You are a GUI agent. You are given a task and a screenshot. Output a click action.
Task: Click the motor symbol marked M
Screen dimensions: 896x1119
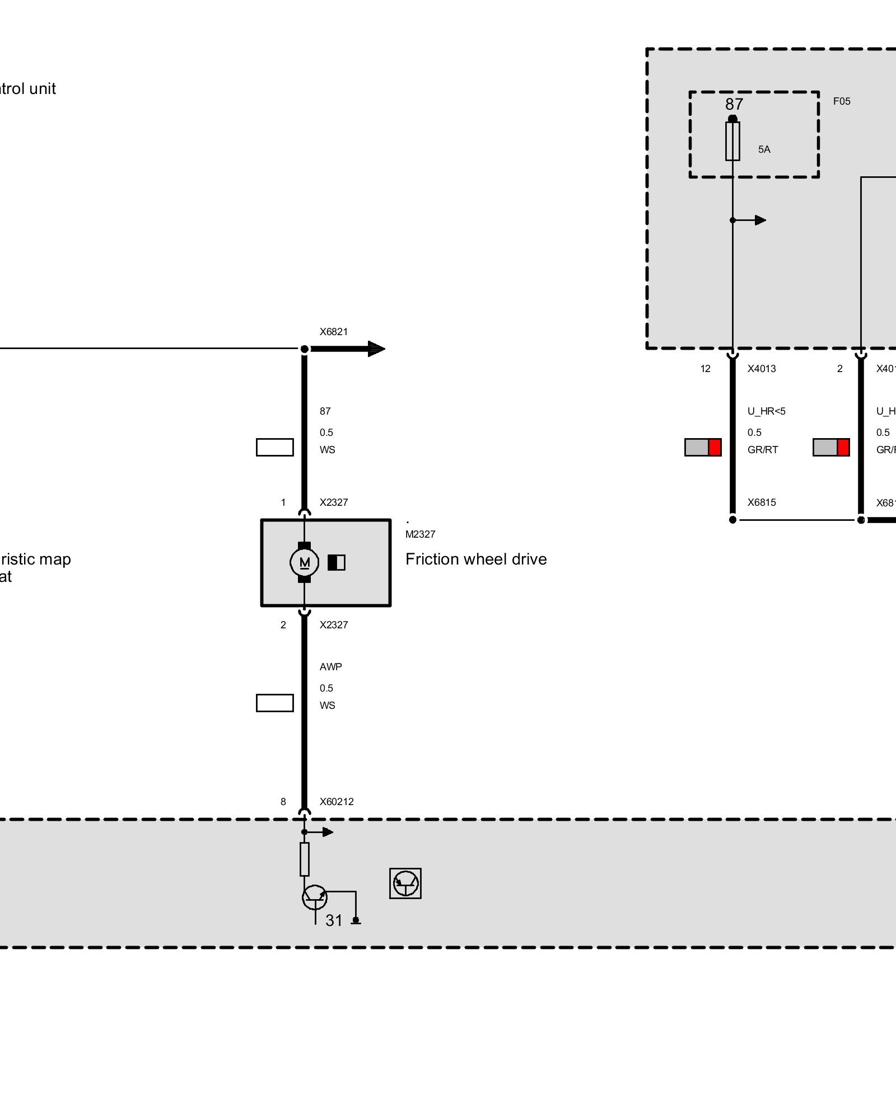(304, 562)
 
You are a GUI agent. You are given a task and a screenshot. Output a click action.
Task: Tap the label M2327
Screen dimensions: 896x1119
(420, 534)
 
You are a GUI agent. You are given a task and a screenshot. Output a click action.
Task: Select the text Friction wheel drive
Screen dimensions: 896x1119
(476, 559)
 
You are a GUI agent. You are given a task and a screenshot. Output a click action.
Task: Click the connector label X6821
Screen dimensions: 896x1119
(334, 332)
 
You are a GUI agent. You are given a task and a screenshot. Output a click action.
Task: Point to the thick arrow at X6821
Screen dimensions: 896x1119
(370, 349)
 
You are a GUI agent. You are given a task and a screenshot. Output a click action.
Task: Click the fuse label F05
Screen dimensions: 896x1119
(842, 101)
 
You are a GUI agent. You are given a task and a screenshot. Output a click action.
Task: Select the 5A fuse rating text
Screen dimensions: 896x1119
(764, 149)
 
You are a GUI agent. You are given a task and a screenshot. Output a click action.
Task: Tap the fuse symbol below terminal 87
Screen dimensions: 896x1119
(732, 141)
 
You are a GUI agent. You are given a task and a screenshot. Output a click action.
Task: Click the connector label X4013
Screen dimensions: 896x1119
(762, 369)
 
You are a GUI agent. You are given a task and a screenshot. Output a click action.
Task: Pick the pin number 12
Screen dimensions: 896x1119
(705, 369)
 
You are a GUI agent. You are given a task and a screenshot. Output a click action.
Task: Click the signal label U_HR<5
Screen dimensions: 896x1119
(766, 411)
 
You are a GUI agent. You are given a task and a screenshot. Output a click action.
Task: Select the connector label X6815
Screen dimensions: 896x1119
(762, 502)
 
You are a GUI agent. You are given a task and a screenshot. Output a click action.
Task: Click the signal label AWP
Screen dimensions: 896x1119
(330, 667)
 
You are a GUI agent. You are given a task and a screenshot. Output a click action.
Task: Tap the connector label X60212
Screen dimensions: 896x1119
(337, 802)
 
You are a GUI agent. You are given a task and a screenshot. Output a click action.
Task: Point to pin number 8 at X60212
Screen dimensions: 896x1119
(283, 802)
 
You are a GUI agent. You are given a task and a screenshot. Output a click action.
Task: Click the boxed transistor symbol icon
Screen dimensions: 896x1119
(405, 883)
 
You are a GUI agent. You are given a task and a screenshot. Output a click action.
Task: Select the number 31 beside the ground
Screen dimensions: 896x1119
(334, 920)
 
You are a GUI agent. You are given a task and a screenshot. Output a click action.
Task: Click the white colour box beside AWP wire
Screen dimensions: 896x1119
(274, 703)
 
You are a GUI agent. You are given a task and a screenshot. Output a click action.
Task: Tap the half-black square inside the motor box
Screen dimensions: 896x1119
(337, 562)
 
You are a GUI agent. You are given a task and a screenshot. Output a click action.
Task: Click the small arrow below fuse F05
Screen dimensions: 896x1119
(759, 220)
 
